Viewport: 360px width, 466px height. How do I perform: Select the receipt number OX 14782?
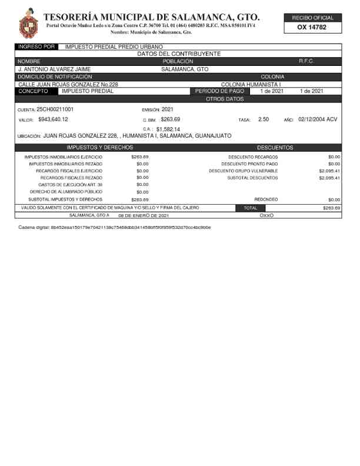312,27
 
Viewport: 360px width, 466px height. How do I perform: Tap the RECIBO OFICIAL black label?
312,18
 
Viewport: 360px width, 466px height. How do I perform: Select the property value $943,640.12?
53,119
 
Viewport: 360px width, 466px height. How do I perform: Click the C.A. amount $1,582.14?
168,129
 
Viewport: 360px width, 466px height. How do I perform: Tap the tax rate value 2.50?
264,119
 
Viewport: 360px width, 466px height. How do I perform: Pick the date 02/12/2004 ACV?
318,119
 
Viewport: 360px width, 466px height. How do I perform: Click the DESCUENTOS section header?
275,147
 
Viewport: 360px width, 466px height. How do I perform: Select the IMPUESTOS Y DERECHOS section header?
100,147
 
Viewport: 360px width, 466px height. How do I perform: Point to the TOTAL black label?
250,208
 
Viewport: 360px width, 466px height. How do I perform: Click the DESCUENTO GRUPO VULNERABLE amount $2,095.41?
329,171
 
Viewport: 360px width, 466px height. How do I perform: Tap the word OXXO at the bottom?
266,215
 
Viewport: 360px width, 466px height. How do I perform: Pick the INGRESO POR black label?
36,46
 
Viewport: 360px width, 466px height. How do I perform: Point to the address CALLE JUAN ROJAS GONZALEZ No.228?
68,84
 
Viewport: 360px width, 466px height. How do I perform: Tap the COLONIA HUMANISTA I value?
251,84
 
